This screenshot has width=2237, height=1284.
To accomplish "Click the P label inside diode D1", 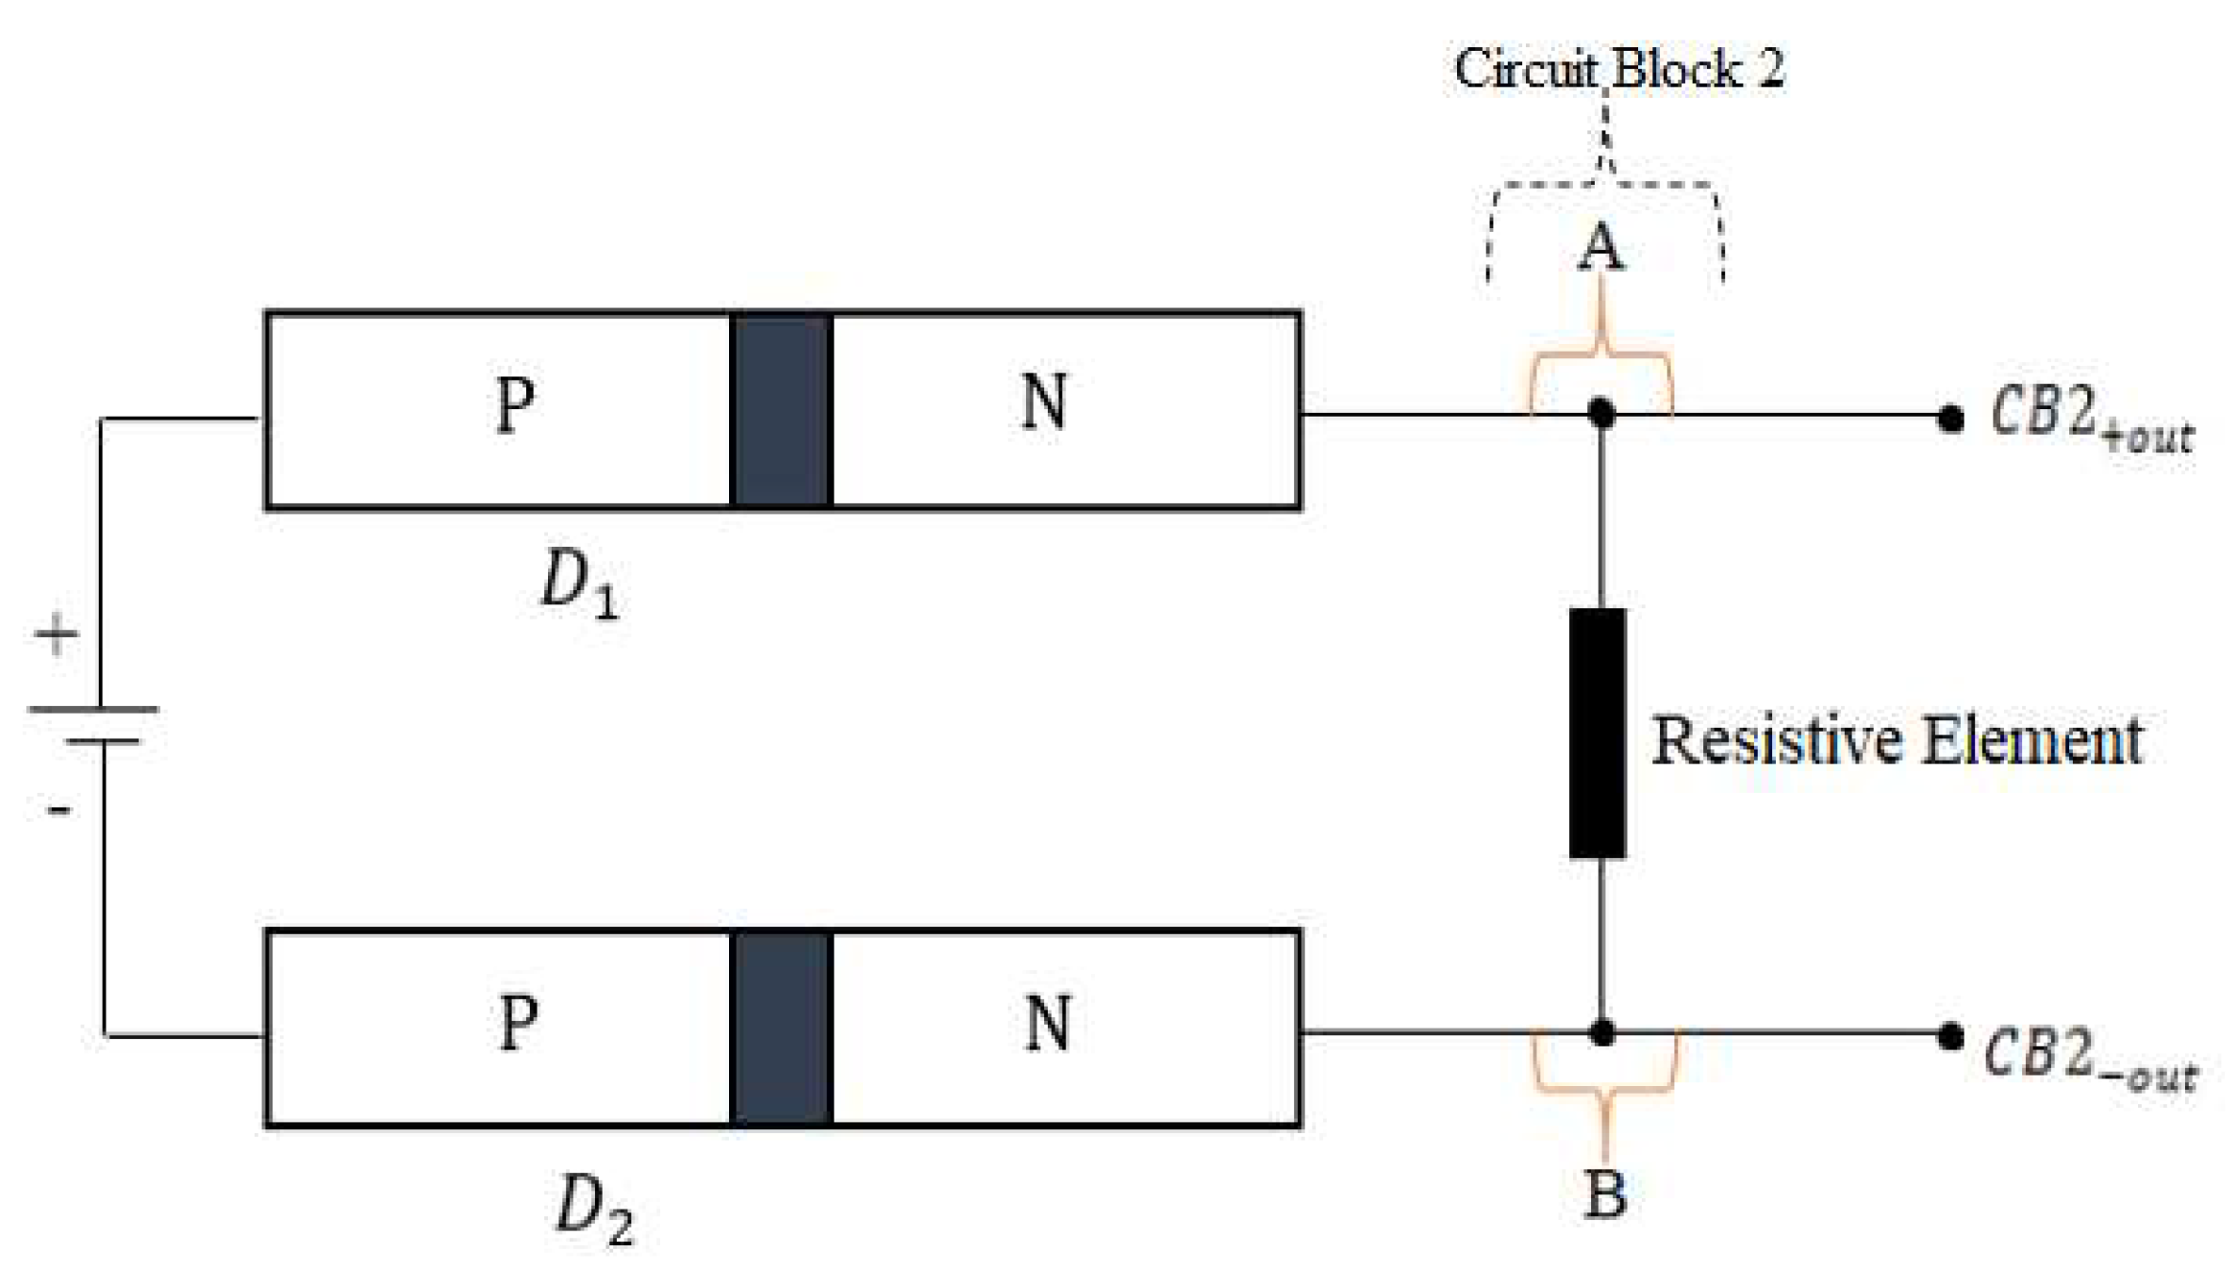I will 515,405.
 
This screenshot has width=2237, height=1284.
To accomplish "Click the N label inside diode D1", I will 1044,403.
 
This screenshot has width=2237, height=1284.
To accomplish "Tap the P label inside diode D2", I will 518,1022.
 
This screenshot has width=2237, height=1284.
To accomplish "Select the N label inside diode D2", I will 1047,1023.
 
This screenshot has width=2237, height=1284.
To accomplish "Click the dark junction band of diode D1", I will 781,410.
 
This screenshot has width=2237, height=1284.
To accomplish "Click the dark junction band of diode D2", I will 781,1029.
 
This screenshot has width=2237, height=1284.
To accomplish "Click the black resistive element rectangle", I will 1597,733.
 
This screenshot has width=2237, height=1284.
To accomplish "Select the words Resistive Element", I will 1897,740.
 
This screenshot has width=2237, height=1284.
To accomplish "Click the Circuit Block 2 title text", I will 1618,69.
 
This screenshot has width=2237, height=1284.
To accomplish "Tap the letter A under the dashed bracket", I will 1600,248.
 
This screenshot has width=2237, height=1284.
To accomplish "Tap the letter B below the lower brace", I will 1605,1193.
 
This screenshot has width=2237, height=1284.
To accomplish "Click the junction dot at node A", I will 1600,413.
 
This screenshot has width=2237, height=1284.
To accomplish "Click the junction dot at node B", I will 1601,1033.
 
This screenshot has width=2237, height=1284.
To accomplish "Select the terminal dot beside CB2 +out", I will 1950,419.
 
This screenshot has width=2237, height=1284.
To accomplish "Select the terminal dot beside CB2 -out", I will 1950,1037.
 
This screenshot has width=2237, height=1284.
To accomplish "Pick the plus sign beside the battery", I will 57,634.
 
